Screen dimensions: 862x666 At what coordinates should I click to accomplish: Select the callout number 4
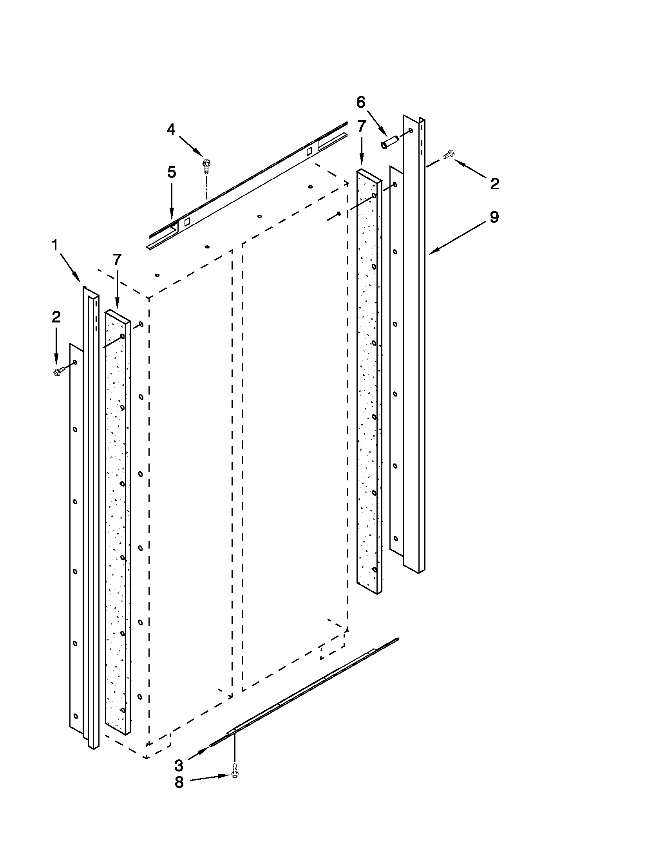coord(171,129)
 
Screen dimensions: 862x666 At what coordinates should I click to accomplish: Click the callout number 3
coord(179,765)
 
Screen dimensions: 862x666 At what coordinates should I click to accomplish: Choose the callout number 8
coord(179,783)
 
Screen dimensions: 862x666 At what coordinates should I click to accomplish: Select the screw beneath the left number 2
coord(57,371)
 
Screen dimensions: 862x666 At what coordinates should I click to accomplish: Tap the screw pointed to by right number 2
coord(449,154)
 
